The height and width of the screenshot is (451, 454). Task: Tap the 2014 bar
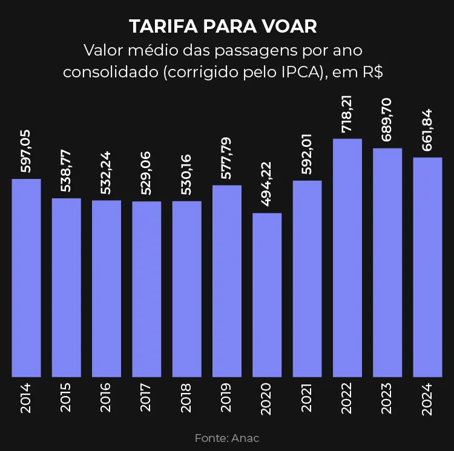(26, 278)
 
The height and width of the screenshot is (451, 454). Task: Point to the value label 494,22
(267, 185)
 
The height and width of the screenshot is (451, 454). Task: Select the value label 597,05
(26, 151)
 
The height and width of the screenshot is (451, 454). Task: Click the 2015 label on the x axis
(66, 398)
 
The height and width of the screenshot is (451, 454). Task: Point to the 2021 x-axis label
(307, 398)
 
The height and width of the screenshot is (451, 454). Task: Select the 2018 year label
(186, 398)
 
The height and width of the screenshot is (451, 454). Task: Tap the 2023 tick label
(387, 398)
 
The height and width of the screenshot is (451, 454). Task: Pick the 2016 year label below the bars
(107, 398)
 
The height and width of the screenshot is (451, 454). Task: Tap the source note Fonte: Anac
(227, 438)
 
